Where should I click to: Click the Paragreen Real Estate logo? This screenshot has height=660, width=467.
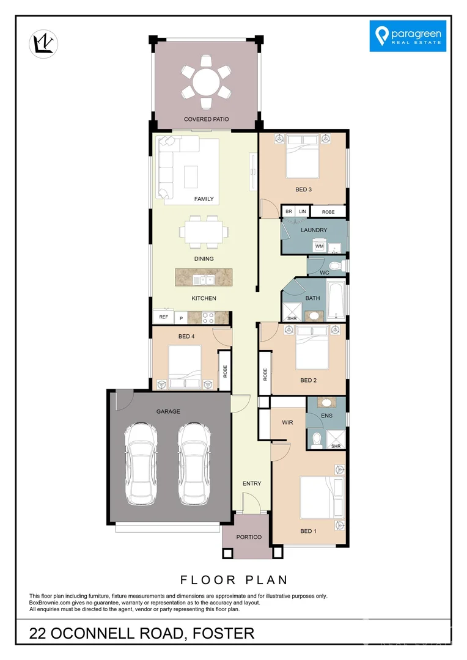pos(408,35)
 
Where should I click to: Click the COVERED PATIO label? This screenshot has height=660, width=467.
pos(207,119)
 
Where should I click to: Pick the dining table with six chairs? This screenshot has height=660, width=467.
pos(204,232)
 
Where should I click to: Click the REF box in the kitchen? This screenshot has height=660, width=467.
pos(163,317)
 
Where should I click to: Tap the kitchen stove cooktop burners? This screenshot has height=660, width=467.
pos(208,317)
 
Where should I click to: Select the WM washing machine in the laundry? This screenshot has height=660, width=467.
pos(320,246)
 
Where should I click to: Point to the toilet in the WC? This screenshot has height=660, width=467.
pos(340,266)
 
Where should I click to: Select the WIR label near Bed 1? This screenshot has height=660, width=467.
pos(288,422)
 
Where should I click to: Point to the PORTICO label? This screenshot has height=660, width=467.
pos(248,537)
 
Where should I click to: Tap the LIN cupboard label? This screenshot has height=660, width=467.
pos(302,211)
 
